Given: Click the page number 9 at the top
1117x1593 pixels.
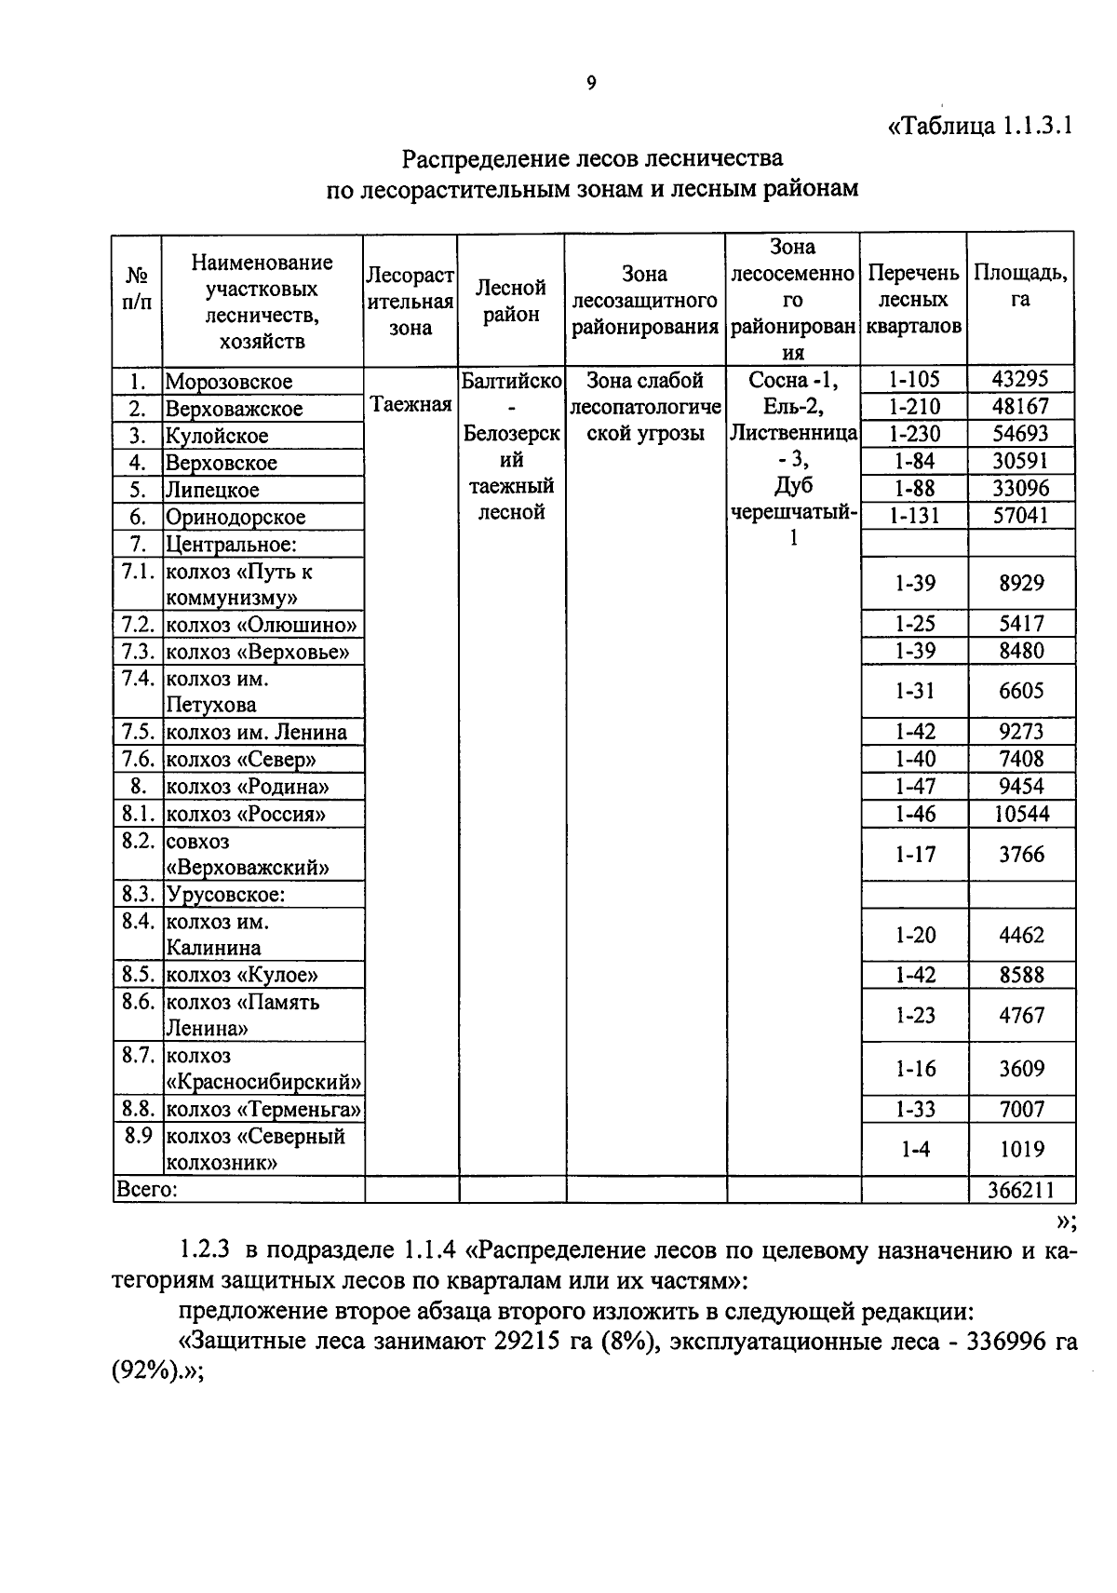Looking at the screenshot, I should tap(591, 85).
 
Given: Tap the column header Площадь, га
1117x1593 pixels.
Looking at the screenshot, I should tap(1020, 286).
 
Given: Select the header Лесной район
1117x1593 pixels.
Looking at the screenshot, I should tap(511, 301).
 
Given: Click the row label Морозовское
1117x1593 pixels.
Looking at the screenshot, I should tap(228, 382).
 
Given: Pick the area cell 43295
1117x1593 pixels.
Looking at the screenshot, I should tap(1020, 379).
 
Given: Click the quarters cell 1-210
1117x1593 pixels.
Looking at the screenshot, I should tap(914, 407).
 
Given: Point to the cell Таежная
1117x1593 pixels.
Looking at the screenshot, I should tap(410, 404).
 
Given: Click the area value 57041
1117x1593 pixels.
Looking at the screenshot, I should tap(1020, 516).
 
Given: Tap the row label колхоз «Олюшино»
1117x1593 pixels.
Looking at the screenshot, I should tap(261, 625).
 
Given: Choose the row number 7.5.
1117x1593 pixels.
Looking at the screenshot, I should tap(137, 732).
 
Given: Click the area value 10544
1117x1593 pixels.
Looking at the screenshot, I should tap(1021, 815).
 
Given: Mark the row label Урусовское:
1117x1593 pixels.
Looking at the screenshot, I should tap(225, 896).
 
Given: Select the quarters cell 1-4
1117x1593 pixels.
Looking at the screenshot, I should tap(914, 1150).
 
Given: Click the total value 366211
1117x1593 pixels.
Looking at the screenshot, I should tap(1020, 1190).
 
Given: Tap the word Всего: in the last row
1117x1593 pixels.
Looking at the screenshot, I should tap(146, 1190).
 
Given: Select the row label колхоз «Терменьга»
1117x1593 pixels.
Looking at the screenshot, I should tap(263, 1110).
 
